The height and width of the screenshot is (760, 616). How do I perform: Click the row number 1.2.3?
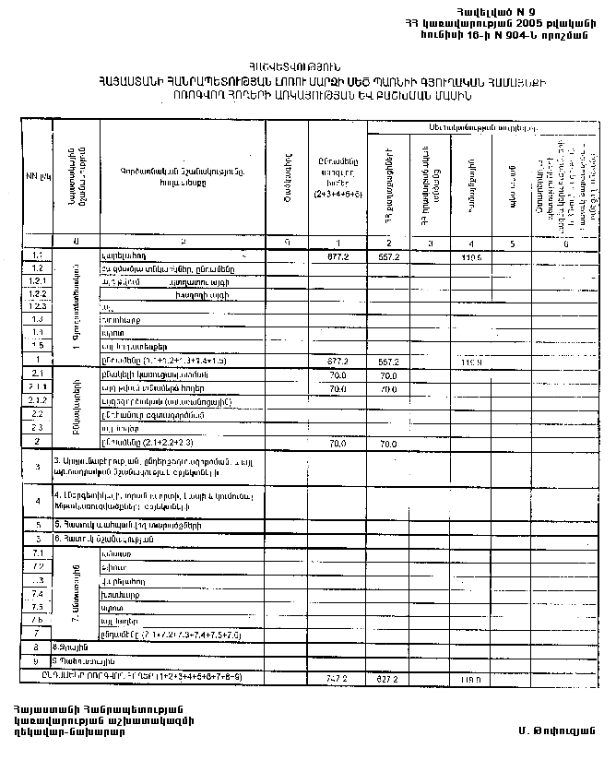(x=38, y=305)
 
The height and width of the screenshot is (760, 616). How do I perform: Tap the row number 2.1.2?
(x=38, y=401)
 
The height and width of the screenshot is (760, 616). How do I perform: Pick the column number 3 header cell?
(x=430, y=243)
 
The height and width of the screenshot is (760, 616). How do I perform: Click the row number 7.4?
(x=38, y=595)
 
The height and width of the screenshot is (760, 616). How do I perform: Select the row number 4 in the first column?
(x=38, y=501)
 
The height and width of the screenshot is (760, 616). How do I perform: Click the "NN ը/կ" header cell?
(x=38, y=173)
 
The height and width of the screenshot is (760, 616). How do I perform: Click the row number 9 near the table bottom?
(x=38, y=661)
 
